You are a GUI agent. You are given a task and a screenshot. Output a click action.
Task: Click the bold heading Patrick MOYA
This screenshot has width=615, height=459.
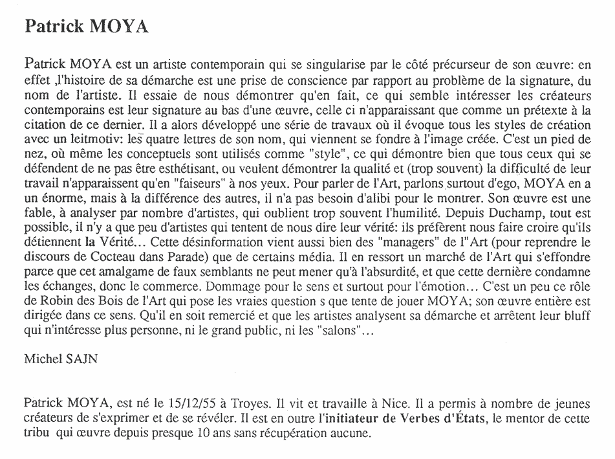pos(87,27)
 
